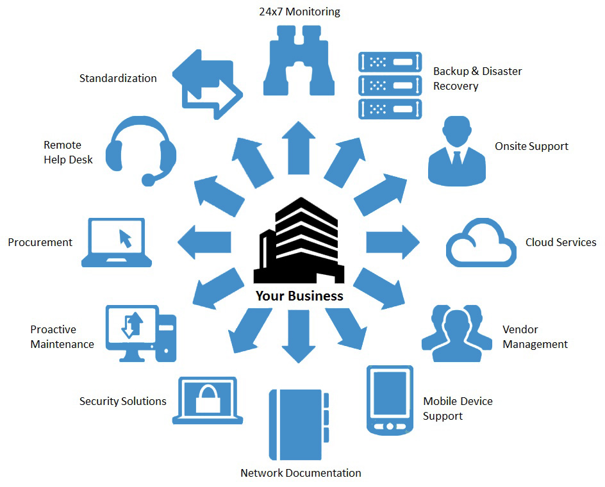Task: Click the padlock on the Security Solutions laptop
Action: [x=208, y=399]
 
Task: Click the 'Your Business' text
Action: [x=299, y=296]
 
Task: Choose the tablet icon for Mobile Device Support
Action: [x=389, y=400]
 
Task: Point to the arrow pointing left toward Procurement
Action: [x=204, y=242]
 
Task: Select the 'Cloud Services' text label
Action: [x=560, y=242]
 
